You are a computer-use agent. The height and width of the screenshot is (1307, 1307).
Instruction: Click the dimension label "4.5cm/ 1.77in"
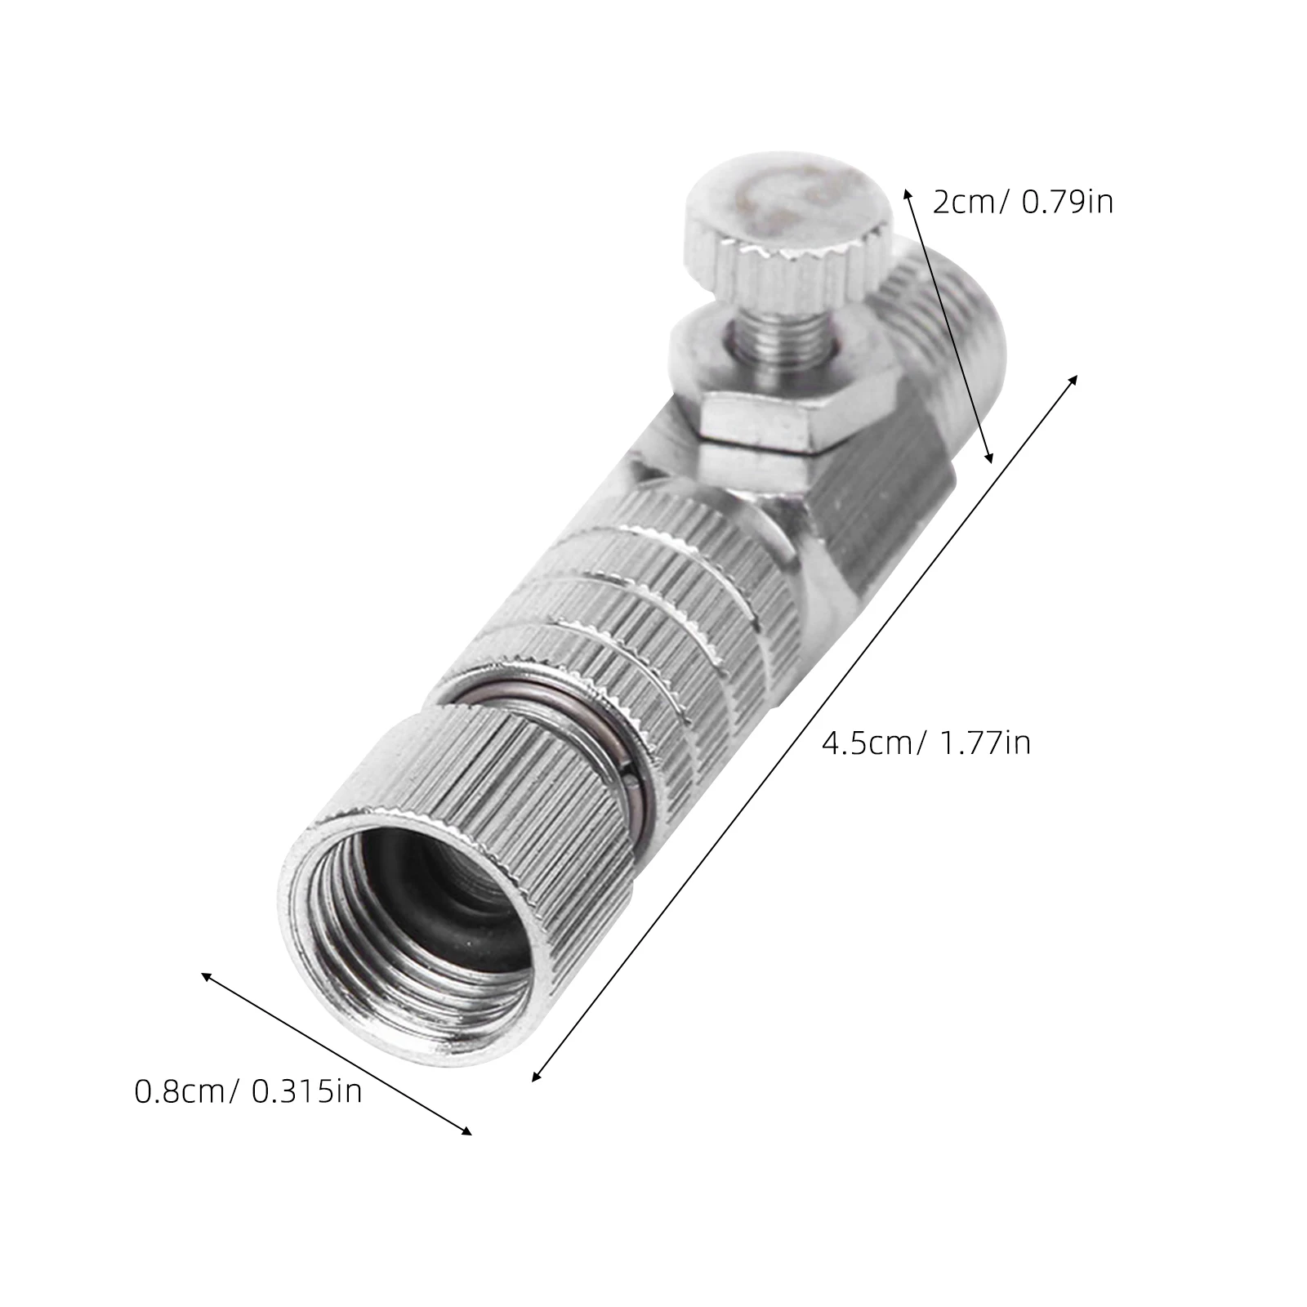[926, 743]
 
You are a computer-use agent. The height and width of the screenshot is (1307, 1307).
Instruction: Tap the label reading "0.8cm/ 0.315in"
[248, 1091]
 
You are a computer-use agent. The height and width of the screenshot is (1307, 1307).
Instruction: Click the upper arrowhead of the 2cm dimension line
[907, 193]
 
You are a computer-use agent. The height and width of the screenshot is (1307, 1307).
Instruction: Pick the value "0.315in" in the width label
[306, 1091]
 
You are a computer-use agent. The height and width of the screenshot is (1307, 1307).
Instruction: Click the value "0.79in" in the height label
[1068, 202]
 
